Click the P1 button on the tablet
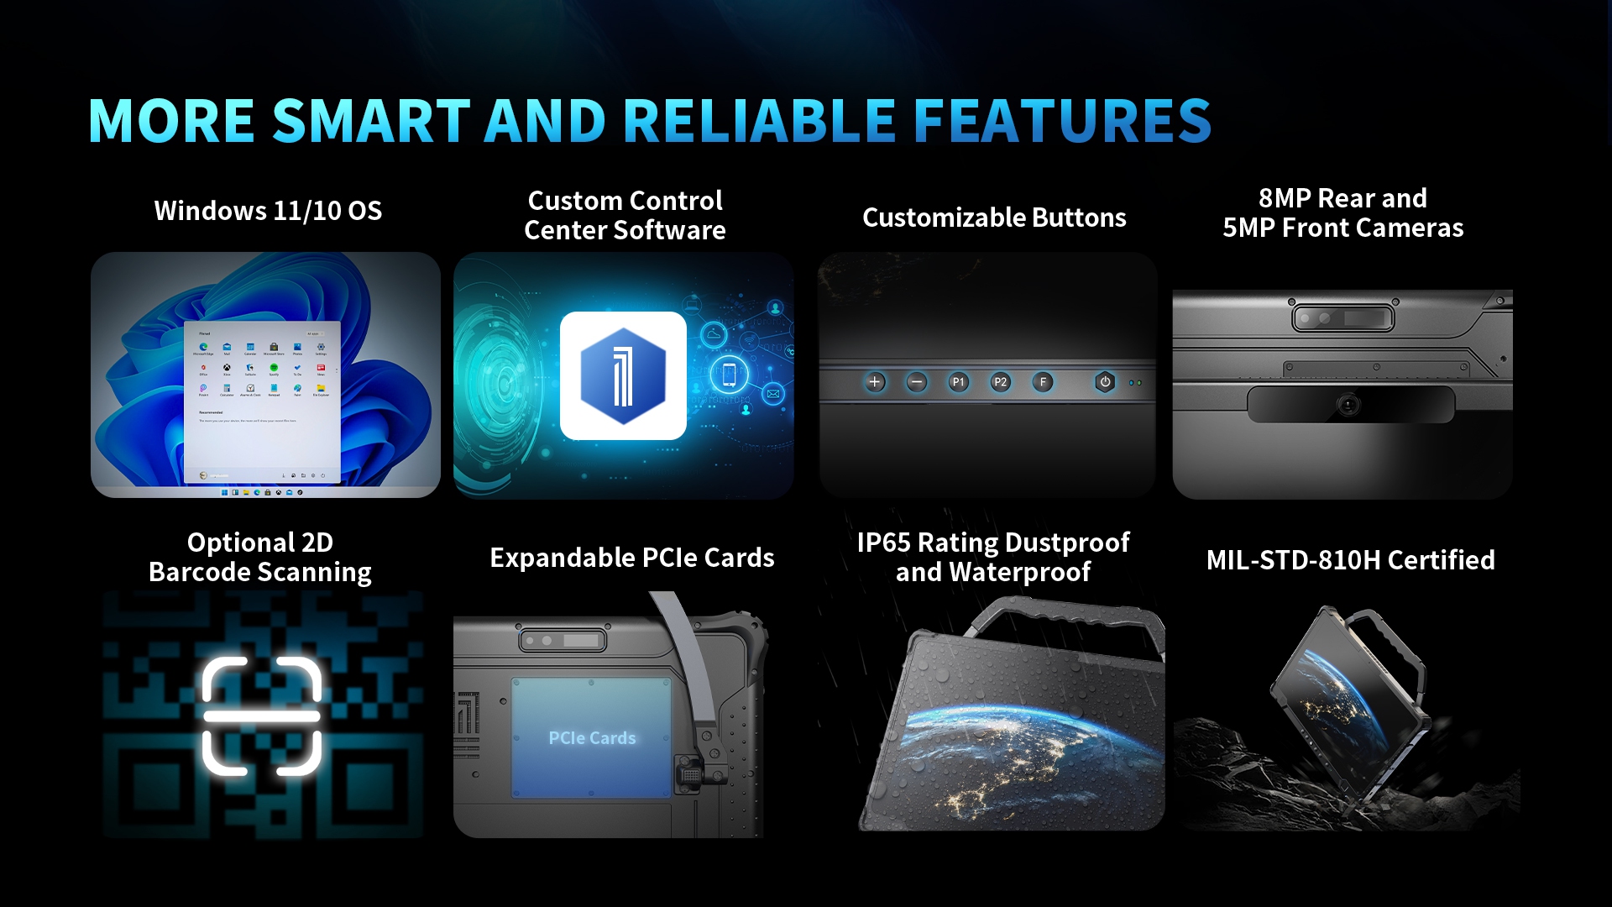pos(958,382)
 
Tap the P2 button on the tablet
pos(1000,382)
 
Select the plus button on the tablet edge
pos(875,382)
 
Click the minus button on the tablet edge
pos(917,382)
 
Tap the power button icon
pos(1105,382)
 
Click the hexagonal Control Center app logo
pos(623,376)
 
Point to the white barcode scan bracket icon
pos(262,716)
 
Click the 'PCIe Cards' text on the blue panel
pos(592,737)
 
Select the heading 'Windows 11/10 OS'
pos(268,210)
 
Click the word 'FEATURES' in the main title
pos(1062,121)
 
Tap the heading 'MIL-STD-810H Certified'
pos(1350,559)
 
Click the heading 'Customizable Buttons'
pos(994,218)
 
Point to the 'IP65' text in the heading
pos(883,543)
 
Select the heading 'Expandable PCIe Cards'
pos(631,558)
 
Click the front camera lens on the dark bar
pos(1348,406)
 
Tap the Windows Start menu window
pos(262,401)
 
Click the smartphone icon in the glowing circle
pos(729,375)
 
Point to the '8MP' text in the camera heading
pos(1284,198)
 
